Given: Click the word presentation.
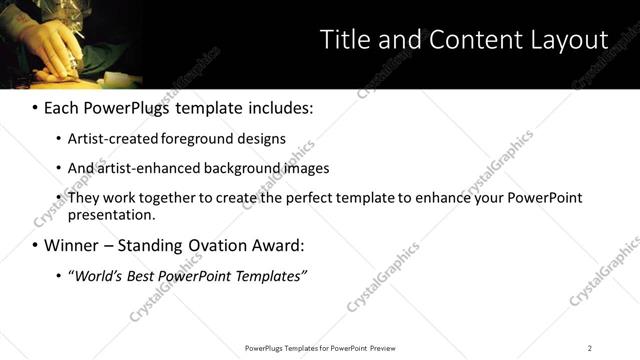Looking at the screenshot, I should coord(111,215).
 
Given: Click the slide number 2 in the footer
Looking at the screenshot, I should coord(589,347).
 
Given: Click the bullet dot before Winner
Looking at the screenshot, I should coord(35,245).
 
